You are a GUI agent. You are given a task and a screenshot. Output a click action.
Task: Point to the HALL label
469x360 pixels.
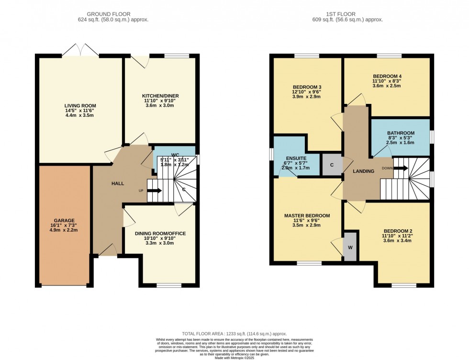(x=118, y=184)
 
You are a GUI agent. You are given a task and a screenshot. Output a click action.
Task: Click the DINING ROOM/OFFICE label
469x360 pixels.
(x=160, y=233)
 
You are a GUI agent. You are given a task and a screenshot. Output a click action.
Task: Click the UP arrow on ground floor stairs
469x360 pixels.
(x=154, y=191)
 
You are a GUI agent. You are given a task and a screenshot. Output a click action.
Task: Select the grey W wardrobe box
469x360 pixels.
(x=350, y=247)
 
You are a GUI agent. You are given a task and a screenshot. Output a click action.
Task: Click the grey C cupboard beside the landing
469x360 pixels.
(x=332, y=164)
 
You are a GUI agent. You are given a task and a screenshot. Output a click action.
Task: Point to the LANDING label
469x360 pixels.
(x=363, y=171)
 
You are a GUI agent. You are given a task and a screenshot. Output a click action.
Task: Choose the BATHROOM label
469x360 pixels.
(x=401, y=133)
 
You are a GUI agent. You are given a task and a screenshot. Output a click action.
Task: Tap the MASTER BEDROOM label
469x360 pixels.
(x=307, y=216)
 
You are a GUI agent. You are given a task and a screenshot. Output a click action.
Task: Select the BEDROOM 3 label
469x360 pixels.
(x=307, y=87)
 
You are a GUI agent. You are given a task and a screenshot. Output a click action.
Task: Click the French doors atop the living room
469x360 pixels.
(x=81, y=49)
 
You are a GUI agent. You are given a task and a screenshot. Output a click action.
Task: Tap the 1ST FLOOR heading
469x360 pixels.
(x=352, y=14)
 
